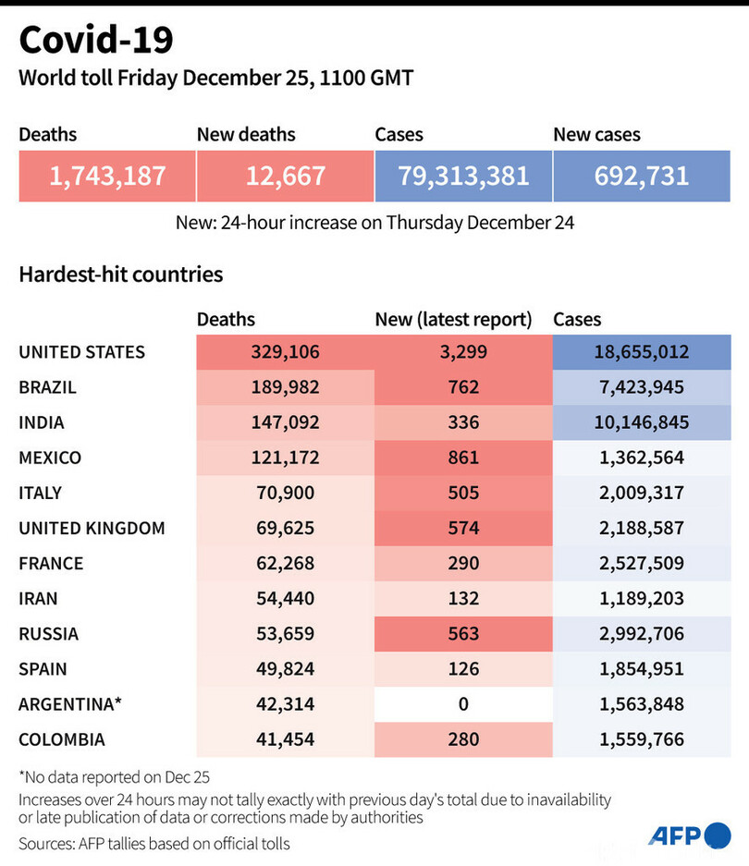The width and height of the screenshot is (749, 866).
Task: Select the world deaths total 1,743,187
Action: [107, 175]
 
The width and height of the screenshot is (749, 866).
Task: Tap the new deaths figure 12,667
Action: [285, 175]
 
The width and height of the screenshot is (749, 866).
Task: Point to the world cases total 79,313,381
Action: [463, 175]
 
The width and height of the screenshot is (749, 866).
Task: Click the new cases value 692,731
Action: [642, 175]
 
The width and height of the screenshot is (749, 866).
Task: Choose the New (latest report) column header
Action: [453, 320]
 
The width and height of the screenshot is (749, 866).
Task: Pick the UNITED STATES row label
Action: [81, 352]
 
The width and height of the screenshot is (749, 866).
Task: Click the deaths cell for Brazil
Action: [285, 387]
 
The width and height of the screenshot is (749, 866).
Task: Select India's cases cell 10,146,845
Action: [642, 422]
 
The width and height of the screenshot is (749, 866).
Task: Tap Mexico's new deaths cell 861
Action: [463, 457]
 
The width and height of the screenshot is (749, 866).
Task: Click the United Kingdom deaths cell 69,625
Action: [285, 528]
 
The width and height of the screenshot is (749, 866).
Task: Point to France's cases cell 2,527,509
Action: [642, 563]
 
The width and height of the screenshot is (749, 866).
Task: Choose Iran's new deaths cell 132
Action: [463, 598]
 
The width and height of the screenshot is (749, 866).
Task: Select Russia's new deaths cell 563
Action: [463, 633]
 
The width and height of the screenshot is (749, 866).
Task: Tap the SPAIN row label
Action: [43, 668]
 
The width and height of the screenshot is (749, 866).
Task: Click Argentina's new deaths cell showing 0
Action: [463, 703]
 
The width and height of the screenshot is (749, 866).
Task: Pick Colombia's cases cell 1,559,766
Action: [642, 738]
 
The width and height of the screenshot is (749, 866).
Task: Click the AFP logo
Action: [689, 836]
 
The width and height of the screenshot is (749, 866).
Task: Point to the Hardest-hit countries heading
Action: [120, 274]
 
